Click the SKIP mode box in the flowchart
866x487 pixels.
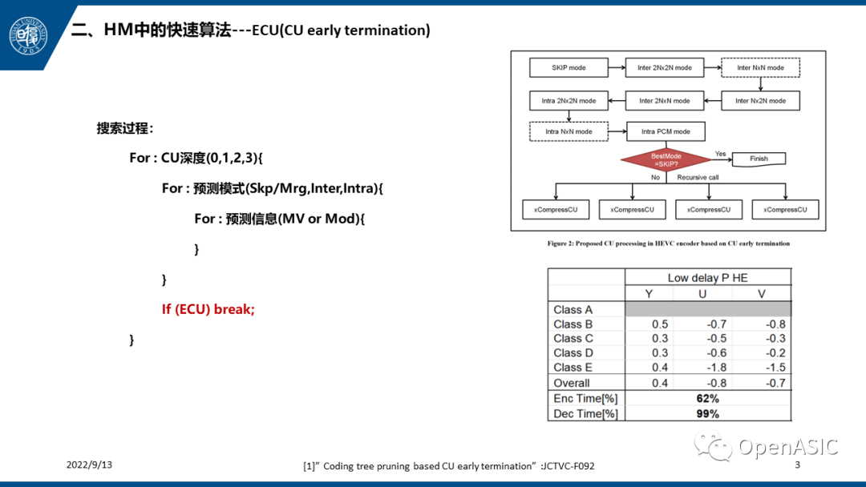click(569, 68)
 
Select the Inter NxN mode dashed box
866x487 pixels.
click(760, 68)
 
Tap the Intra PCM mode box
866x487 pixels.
click(665, 131)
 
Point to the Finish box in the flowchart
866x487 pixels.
click(758, 159)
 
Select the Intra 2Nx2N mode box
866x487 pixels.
click(569, 101)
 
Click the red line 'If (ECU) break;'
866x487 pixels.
click(208, 309)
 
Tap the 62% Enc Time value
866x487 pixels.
click(707, 398)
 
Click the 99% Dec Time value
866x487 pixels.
click(707, 413)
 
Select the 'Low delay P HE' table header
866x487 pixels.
click(707, 278)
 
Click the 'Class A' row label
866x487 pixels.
click(573, 309)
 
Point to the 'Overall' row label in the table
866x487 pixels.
click(571, 383)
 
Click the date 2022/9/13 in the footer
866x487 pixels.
click(89, 465)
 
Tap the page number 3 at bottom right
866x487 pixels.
click(797, 465)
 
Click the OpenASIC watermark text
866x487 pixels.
click(787, 447)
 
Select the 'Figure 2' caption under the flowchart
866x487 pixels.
click(668, 243)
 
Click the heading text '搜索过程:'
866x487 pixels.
click(124, 128)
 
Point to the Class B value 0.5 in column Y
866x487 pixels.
click(659, 324)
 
